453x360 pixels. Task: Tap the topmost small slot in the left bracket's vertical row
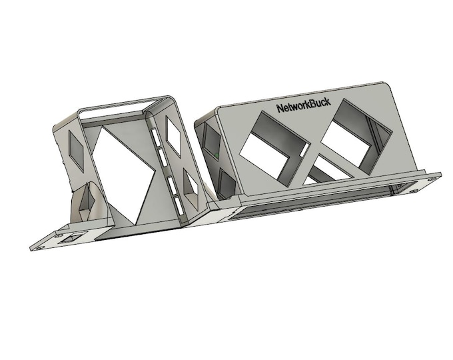[x=155, y=137]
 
